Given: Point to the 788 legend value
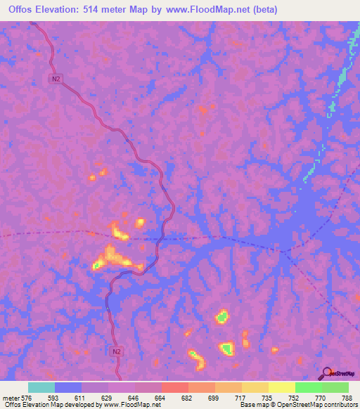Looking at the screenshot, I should (347, 397).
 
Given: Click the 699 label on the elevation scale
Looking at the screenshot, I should (224, 397).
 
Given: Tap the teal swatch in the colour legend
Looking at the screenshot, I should (41, 387).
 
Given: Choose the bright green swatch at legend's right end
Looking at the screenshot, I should (335, 387).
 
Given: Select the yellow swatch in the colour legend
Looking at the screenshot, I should (282, 387).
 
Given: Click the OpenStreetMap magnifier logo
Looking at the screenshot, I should (326, 373).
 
